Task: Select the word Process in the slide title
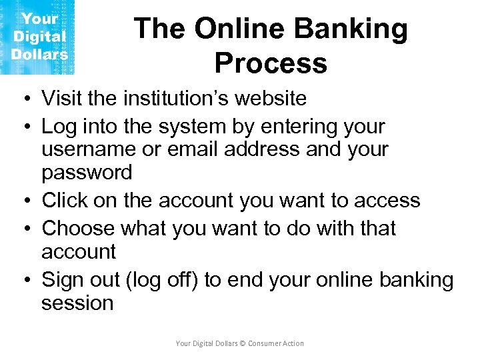271,63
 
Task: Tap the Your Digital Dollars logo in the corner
38,37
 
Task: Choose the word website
268,99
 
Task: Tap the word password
87,173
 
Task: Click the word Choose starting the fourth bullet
78,228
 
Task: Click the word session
77,303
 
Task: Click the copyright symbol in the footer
243,343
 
